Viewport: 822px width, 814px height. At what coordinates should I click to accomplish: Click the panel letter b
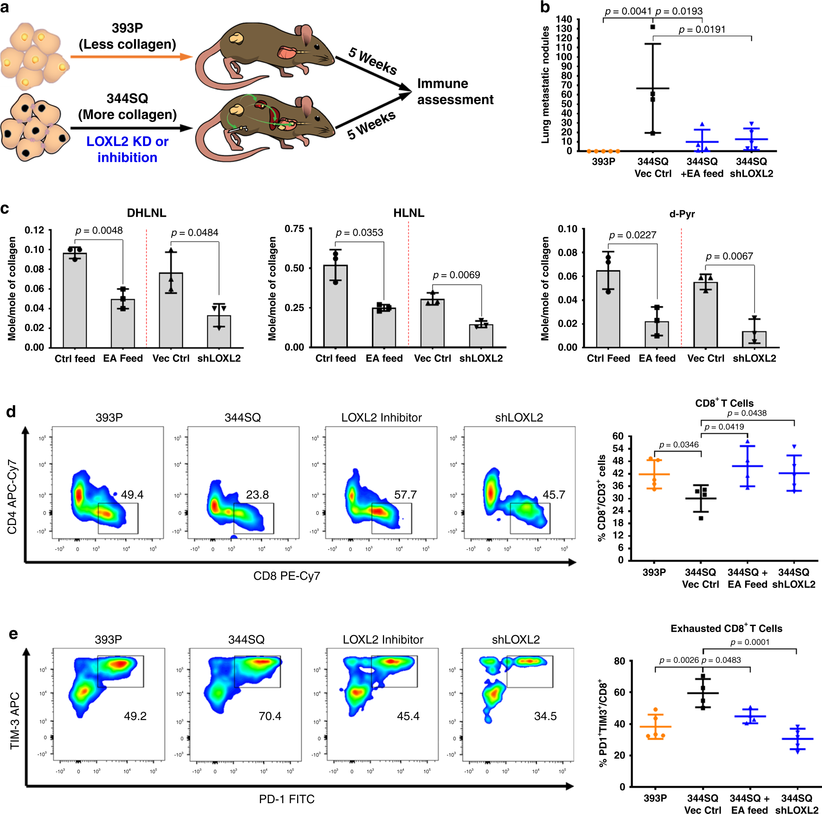pos(545,7)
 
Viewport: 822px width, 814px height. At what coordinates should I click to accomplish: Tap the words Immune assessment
pos(455,91)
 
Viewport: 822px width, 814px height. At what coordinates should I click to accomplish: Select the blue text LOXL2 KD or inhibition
pos(127,149)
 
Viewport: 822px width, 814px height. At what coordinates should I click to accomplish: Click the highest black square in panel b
pos(653,27)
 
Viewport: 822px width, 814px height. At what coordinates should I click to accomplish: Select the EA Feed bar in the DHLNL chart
pos(123,323)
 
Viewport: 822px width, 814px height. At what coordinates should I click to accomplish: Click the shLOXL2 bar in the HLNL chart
pos(481,336)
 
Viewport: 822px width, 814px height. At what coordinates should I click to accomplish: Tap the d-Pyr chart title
pos(682,214)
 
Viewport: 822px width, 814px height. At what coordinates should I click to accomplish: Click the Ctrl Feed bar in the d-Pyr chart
pos(608,309)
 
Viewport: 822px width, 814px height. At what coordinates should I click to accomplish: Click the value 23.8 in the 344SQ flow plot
pos(257,495)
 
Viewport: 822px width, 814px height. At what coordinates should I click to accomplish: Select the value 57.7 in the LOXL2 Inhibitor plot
pos(405,495)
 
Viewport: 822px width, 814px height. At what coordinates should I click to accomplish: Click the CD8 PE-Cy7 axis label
pos(286,576)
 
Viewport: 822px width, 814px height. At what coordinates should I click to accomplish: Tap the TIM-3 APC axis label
pos(15,721)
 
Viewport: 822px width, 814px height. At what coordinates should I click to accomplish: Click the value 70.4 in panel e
pos(270,716)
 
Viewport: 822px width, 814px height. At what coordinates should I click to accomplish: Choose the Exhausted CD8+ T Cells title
pos(726,628)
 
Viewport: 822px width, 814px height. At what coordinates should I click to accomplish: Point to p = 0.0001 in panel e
pos(750,642)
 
